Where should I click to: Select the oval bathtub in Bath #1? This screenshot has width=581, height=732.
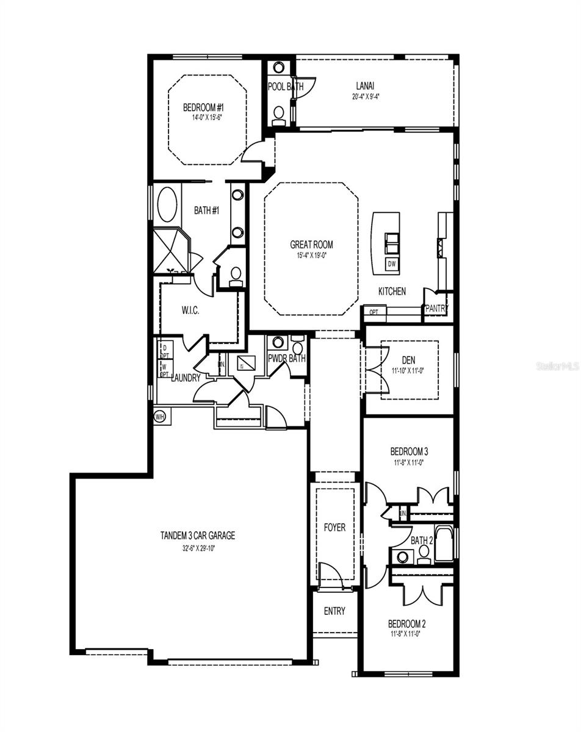point(167,205)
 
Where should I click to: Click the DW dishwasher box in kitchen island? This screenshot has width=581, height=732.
point(391,264)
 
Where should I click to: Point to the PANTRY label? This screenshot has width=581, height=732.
point(436,309)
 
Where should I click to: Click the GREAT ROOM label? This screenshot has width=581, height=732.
point(311,245)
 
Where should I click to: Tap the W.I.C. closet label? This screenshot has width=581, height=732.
point(190,310)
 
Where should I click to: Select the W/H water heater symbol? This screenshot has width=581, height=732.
point(160,417)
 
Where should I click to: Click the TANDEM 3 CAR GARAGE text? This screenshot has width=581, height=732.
point(197,536)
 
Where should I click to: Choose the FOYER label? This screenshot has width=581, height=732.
point(334,527)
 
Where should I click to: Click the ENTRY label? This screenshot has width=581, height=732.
point(334,611)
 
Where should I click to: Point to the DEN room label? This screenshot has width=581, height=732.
point(408,360)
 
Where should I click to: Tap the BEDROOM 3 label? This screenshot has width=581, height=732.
point(409,452)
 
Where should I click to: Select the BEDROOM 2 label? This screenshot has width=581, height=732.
point(407,624)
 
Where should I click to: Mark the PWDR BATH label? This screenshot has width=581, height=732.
point(287,359)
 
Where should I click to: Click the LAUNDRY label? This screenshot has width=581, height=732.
point(186,378)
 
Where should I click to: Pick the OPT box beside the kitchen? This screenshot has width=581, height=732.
point(374,312)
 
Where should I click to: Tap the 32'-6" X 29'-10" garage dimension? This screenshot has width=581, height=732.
point(197,547)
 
